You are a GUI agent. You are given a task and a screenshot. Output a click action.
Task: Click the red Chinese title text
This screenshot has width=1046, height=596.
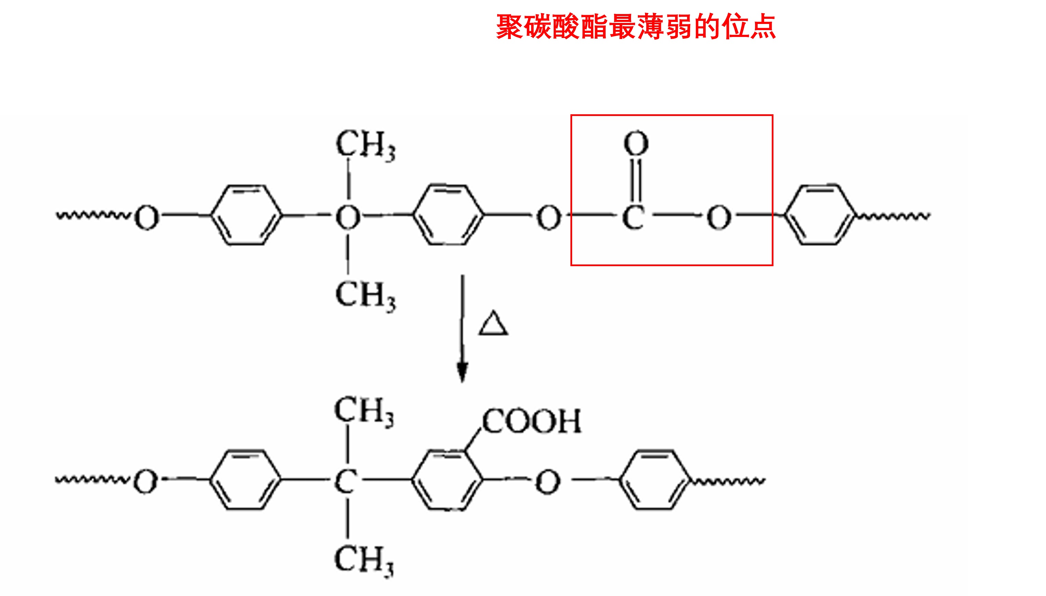635,27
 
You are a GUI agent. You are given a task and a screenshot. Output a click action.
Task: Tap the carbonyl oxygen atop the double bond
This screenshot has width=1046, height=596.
636,143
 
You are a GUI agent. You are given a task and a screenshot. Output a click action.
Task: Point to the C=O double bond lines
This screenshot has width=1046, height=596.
636,180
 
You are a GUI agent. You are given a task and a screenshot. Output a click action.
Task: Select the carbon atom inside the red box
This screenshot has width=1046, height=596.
633,217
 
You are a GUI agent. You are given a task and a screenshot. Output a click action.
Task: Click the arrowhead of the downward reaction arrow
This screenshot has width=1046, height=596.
462,372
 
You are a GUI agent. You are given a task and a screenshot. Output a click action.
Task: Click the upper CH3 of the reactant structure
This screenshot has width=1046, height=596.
366,145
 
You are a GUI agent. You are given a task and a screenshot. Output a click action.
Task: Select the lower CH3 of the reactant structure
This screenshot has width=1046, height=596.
366,296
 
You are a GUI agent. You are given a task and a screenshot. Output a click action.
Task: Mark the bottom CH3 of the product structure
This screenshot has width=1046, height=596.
364,561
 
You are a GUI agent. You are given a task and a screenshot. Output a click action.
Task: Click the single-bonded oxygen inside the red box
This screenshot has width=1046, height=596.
719,217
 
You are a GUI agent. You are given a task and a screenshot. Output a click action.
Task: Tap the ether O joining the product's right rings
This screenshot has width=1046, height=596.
548,482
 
